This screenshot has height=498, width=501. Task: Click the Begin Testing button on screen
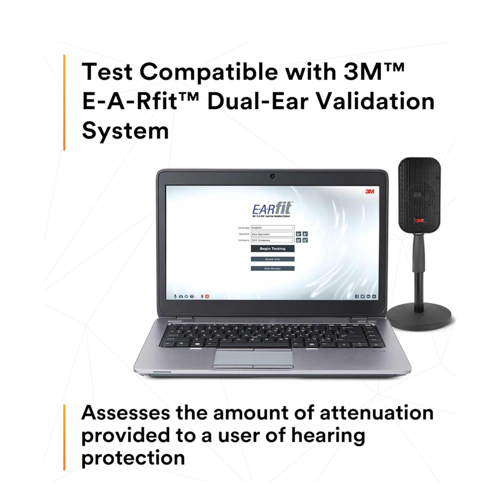click(x=272, y=249)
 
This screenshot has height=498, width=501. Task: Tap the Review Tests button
click(x=272, y=259)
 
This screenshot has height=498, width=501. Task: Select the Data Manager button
click(x=272, y=268)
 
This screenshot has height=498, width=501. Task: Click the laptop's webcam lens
click(x=272, y=176)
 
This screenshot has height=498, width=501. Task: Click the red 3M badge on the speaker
click(x=419, y=220)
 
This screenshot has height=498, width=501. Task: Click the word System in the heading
click(x=125, y=131)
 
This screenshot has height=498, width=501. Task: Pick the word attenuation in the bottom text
click(x=376, y=412)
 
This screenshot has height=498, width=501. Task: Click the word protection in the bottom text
click(x=133, y=457)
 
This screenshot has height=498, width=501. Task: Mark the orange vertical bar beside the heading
click(x=64, y=102)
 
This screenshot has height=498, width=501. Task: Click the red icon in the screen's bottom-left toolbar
click(x=207, y=296)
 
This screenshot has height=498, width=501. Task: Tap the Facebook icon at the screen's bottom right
click(x=356, y=296)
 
